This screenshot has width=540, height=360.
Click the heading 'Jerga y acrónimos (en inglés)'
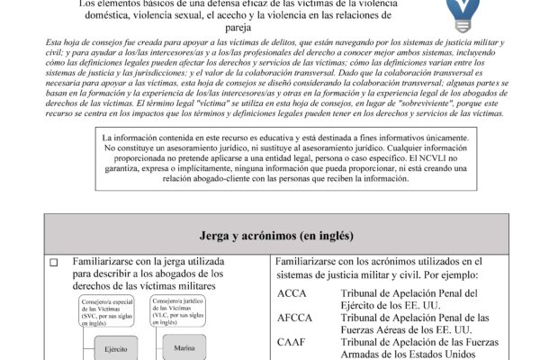[269, 236]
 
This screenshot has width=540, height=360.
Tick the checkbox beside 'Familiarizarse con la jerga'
[53, 263]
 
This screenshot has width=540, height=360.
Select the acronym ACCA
[293, 293]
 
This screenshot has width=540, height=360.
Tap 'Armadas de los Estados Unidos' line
[409, 354]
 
